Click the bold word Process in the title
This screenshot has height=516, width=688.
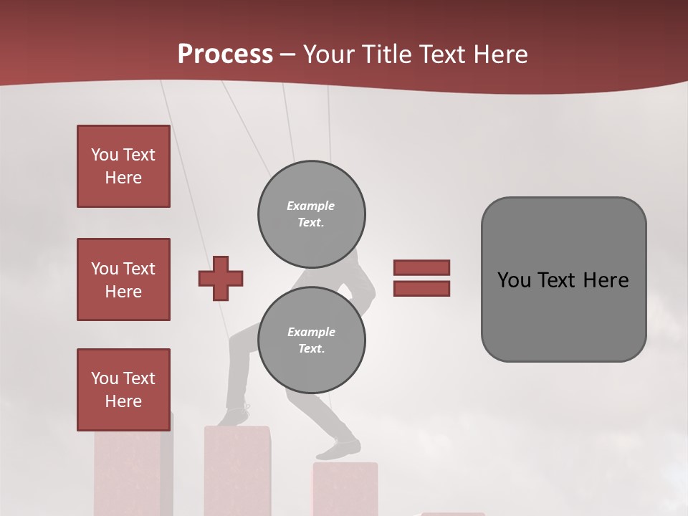[225, 54]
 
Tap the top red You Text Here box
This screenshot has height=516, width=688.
[123, 166]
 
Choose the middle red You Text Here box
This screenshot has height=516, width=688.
[123, 279]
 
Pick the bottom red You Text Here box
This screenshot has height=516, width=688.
[123, 389]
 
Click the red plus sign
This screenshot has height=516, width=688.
[221, 279]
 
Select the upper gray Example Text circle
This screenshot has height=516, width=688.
[312, 214]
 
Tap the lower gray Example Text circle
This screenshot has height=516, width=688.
[312, 340]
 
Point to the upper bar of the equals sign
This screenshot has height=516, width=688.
[421, 267]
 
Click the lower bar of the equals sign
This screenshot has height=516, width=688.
[421, 289]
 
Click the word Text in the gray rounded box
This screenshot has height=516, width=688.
[557, 280]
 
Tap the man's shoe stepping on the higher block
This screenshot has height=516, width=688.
[234, 416]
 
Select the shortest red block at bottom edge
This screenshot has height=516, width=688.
[452, 513]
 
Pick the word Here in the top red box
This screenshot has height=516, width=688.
[123, 178]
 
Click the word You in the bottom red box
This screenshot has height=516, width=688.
[105, 378]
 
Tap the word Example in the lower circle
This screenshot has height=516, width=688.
[311, 332]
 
